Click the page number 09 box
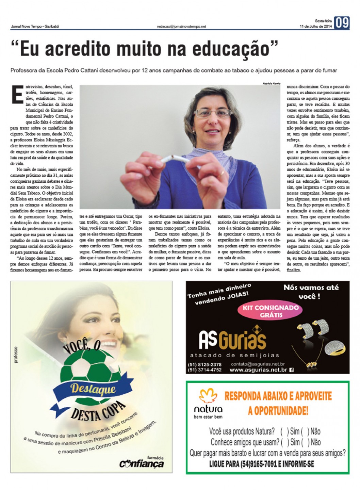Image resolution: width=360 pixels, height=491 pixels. coord(342,23)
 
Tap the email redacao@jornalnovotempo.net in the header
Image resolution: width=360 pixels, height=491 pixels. coord(181,27)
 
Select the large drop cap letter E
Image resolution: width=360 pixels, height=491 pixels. coord(17,94)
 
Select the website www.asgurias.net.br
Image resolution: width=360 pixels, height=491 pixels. coord(258,370)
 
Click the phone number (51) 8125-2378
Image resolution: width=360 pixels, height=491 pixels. coord(204,364)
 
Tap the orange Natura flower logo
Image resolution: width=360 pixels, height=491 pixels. coord(208,396)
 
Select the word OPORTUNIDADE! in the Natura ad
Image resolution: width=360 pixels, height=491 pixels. coord(278,411)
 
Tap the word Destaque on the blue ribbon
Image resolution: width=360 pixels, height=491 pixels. coord(93,388)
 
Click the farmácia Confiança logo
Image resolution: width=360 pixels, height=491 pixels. coord(142,463)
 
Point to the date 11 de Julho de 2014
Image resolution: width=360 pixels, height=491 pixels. coord(315,27)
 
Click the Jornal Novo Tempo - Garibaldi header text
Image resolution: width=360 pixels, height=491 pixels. coord(35,27)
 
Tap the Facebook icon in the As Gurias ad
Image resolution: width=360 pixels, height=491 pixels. coord(291,370)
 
